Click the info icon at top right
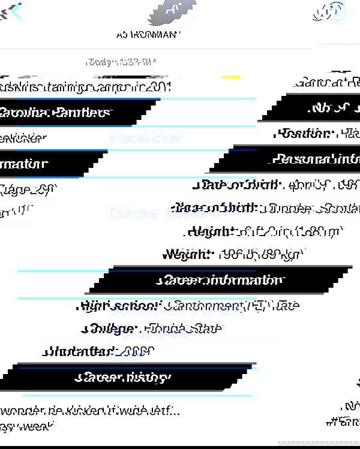pos(333,11)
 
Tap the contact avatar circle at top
pos(172,9)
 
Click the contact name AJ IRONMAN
pos(148,35)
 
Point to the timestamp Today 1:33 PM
pos(121,62)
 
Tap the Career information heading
pos(220,281)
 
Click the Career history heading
pos(124,377)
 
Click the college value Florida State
pos(181,329)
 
